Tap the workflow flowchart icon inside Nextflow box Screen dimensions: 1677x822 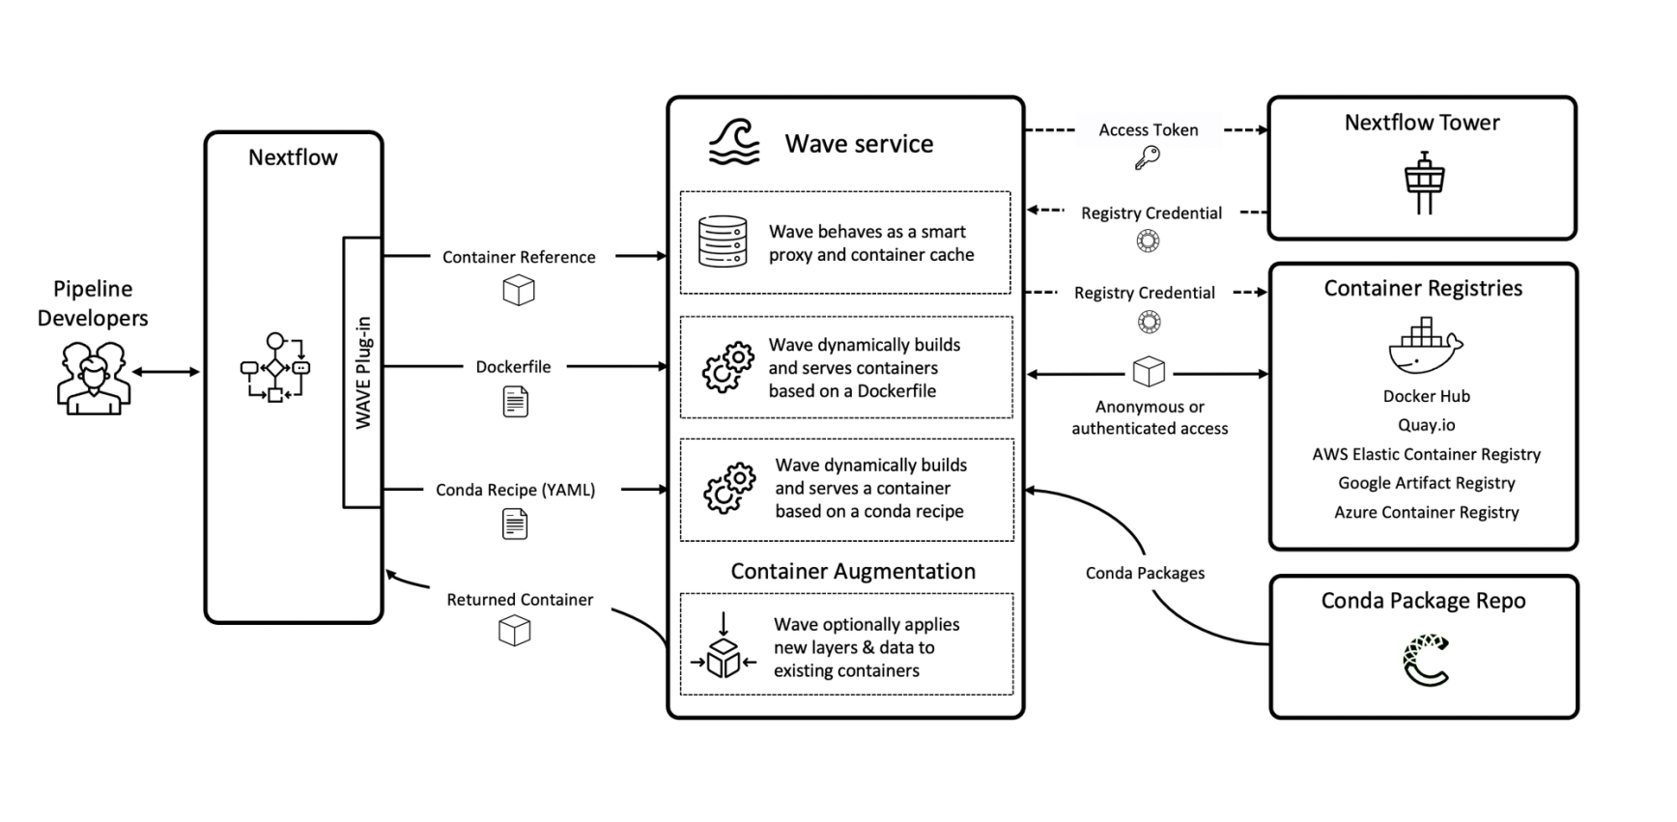pyautogui.click(x=275, y=368)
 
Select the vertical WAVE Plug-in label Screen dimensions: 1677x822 pyautogui.click(x=363, y=373)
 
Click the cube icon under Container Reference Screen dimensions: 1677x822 pyautogui.click(x=519, y=290)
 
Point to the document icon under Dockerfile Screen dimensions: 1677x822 pyautogui.click(x=516, y=402)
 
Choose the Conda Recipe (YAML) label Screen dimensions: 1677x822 pyautogui.click(x=515, y=490)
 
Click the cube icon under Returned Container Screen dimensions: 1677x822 pyautogui.click(x=514, y=631)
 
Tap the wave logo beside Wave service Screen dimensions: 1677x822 pyautogui.click(x=734, y=143)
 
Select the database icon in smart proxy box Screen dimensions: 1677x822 pyautogui.click(x=723, y=241)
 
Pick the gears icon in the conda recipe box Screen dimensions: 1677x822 pyautogui.click(x=729, y=488)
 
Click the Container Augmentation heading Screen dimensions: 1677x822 pyautogui.click(x=852, y=571)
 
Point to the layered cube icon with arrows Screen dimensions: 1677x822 pyautogui.click(x=724, y=650)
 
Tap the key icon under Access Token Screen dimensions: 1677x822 pyautogui.click(x=1147, y=158)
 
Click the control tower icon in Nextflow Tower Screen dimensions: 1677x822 pyautogui.click(x=1424, y=183)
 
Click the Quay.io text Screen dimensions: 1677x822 pyautogui.click(x=1426, y=425)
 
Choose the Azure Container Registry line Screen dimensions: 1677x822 pyautogui.click(x=1426, y=512)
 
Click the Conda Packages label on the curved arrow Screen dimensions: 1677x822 pyautogui.click(x=1145, y=573)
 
